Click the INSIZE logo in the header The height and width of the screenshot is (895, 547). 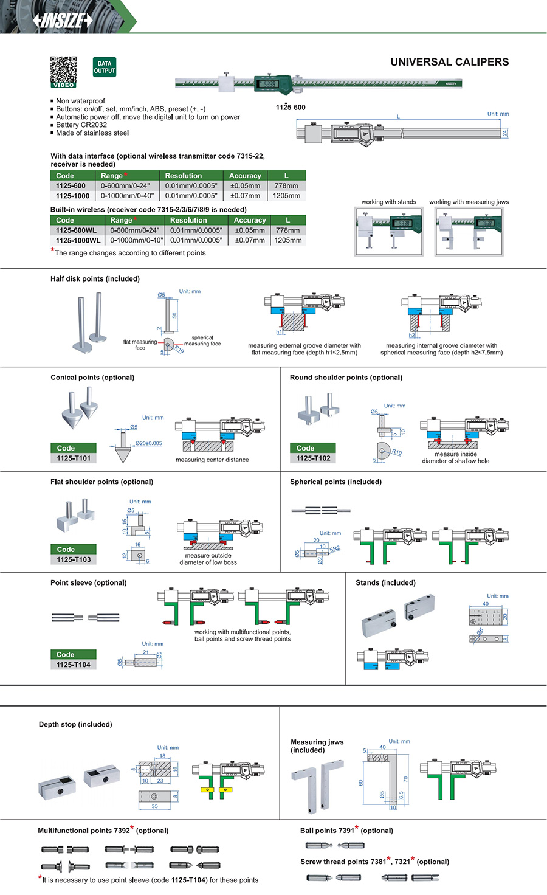click(x=63, y=20)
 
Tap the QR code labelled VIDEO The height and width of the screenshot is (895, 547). click(x=63, y=71)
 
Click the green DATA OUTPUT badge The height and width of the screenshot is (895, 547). click(x=105, y=67)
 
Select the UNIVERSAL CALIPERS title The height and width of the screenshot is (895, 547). click(x=449, y=62)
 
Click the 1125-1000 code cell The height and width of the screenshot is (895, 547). click(x=72, y=196)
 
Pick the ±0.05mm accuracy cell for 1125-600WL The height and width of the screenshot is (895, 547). click(x=250, y=230)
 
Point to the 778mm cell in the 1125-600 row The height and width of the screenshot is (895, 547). click(x=286, y=186)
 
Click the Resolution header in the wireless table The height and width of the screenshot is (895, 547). click(x=188, y=220)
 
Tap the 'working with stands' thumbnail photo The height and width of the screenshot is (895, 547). click(x=389, y=232)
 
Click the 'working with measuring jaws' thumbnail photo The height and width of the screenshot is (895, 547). click(x=469, y=232)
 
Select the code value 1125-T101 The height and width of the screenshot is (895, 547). click(x=74, y=458)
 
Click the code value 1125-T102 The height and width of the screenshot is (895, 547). click(x=313, y=458)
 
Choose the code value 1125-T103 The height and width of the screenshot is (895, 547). click(x=74, y=559)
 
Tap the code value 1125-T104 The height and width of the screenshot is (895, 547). click(x=73, y=665)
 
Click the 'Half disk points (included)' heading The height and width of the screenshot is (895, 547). click(x=95, y=279)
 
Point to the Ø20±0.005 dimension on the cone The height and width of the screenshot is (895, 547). click(x=148, y=443)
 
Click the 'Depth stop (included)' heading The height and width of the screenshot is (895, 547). click(x=75, y=724)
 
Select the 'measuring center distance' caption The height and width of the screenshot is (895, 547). click(x=212, y=460)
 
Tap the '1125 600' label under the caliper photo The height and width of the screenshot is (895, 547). click(x=291, y=108)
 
